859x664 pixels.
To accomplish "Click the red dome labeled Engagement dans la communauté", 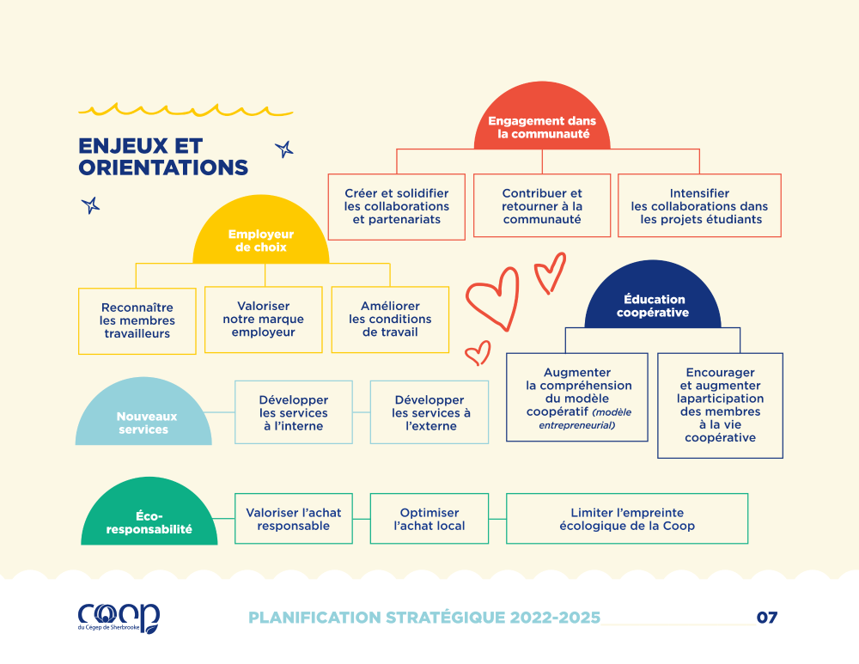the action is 542,118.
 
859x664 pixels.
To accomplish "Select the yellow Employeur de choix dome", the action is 261,230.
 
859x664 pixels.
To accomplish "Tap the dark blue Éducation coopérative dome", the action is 653,295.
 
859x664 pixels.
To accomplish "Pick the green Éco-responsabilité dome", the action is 149,512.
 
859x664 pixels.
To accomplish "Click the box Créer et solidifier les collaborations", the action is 397,206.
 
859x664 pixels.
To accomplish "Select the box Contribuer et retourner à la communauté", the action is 542,205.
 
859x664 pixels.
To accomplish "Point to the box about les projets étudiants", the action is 699,205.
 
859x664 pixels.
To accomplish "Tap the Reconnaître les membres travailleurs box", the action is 137,321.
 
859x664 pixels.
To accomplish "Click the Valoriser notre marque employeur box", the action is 264,320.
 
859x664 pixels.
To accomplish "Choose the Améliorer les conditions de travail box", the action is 390,320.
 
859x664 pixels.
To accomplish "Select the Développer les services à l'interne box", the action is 294,412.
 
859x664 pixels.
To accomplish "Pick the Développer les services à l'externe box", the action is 429,412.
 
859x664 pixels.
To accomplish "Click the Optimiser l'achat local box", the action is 429,519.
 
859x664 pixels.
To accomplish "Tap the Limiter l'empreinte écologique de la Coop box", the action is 627,519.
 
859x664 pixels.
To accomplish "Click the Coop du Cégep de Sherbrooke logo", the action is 119,618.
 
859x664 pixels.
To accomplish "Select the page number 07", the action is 767,618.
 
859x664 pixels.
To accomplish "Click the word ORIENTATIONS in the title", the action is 163,168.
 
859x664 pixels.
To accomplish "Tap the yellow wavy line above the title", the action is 186,110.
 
